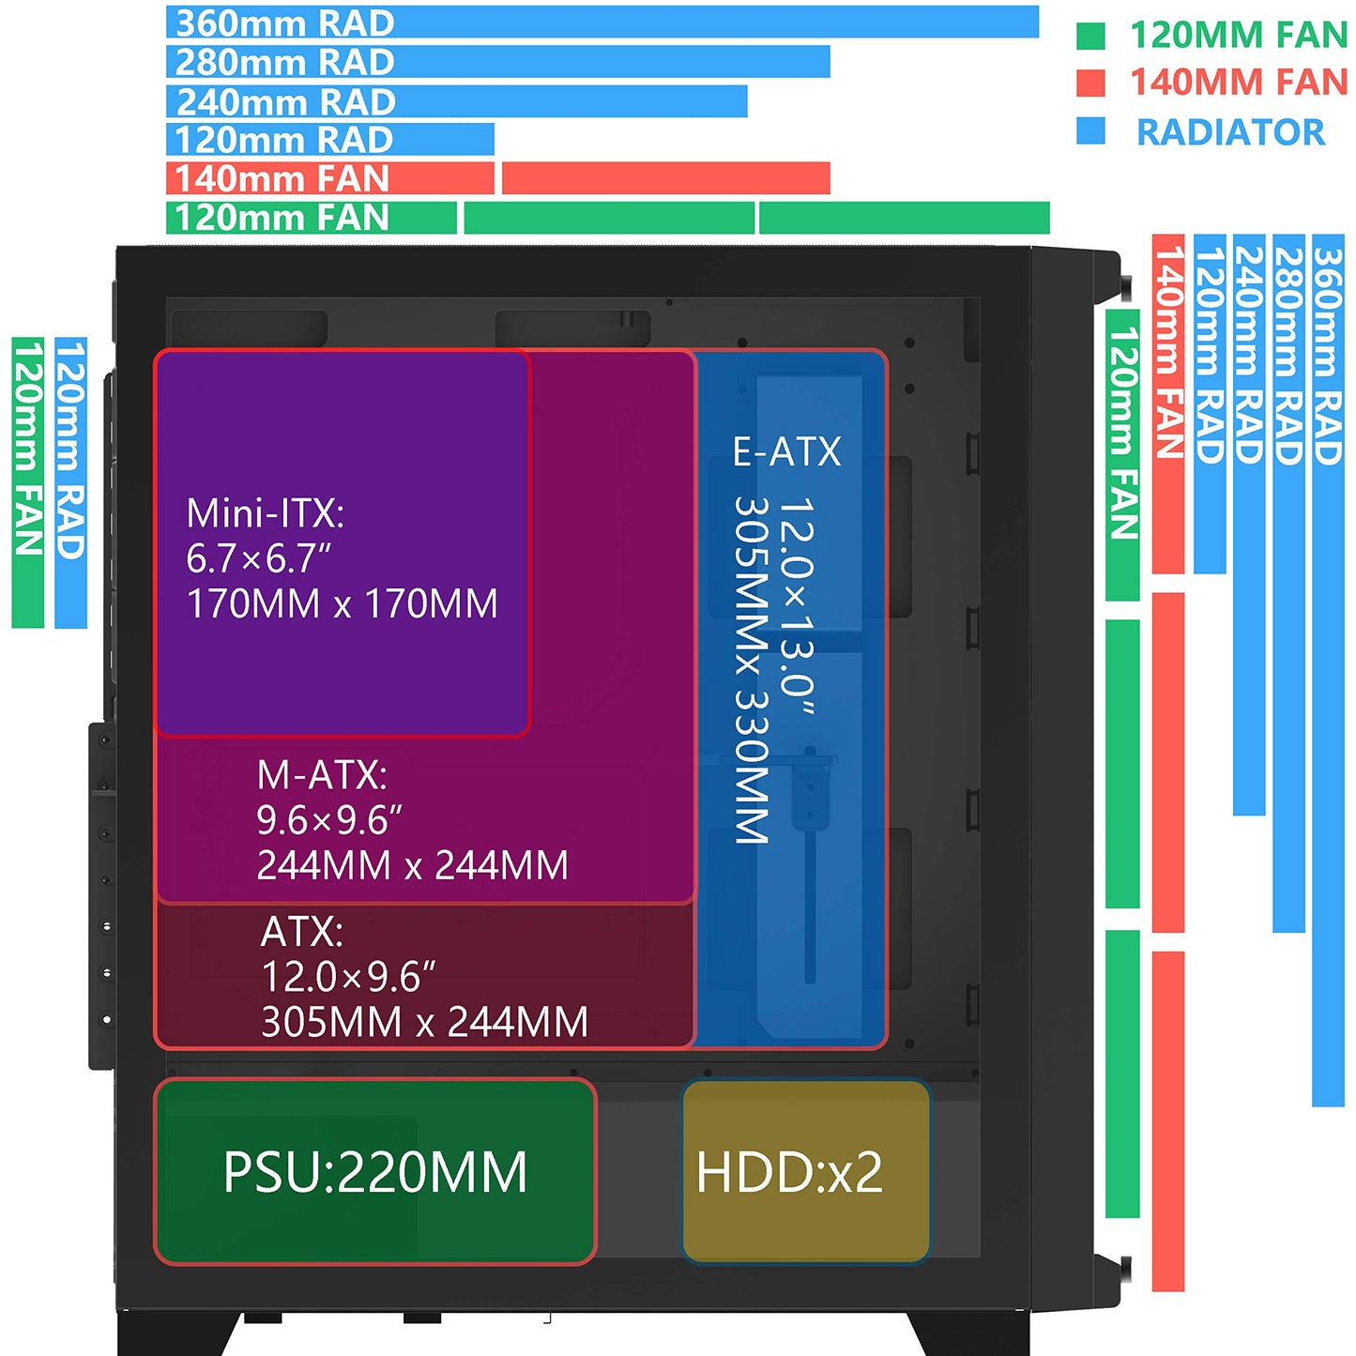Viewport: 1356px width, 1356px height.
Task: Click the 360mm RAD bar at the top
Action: [602, 22]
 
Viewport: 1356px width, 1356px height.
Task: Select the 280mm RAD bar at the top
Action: [498, 61]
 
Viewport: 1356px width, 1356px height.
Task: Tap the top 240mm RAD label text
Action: [285, 101]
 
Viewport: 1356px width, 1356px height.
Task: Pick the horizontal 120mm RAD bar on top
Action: [330, 139]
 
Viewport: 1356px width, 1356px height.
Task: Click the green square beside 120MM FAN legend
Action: [1090, 36]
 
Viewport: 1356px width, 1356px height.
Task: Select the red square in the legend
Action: [1090, 83]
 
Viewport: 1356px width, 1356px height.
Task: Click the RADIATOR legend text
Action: [1231, 132]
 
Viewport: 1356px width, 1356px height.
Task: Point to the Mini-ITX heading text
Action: [266, 513]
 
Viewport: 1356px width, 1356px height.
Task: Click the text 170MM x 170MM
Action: [342, 603]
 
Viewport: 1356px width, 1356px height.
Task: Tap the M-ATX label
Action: [322, 775]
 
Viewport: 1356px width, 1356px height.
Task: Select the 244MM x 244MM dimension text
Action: [412, 865]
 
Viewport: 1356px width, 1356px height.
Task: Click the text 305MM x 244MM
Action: [424, 1022]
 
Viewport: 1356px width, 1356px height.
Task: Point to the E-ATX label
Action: [786, 451]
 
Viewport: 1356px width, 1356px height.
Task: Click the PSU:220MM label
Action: [375, 1173]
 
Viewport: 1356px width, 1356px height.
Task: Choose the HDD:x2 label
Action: [789, 1173]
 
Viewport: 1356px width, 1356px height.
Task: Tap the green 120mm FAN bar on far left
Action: [28, 482]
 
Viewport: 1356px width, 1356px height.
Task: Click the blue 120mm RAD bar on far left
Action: [71, 482]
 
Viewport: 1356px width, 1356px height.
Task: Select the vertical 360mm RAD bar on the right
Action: [1329, 670]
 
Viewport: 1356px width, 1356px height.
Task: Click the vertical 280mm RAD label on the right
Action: [1289, 356]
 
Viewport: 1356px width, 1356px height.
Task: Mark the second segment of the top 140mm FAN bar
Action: [665, 178]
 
